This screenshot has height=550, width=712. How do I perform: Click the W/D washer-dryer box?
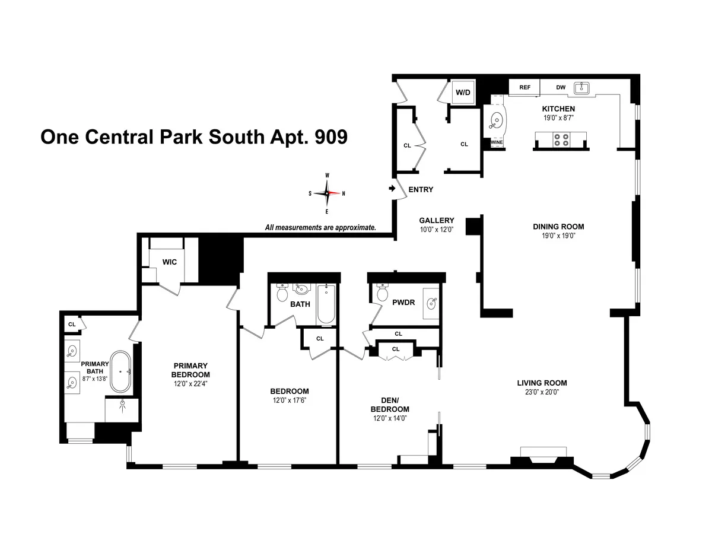click(x=462, y=92)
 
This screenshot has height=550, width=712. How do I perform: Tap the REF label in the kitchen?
click(x=525, y=87)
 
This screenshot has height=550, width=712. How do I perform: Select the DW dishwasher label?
click(x=561, y=87)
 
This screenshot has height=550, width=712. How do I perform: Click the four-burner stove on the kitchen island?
click(x=561, y=140)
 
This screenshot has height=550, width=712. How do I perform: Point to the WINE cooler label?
click(x=496, y=142)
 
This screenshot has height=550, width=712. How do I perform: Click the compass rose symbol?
click(x=327, y=193)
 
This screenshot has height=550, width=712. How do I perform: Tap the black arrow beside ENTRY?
click(x=392, y=189)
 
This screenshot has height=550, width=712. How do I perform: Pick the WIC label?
click(x=170, y=262)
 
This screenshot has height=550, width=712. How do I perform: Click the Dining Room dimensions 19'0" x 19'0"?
click(x=558, y=236)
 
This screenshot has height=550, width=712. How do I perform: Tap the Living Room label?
click(x=542, y=383)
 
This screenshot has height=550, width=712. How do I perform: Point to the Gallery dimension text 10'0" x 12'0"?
click(x=436, y=230)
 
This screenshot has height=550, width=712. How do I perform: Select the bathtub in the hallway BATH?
click(x=326, y=304)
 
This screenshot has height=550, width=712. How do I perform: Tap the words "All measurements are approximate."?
click(x=320, y=227)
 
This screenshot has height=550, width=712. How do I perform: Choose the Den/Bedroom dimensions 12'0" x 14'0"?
click(x=390, y=418)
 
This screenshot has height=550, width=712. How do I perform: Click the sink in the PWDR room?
click(x=431, y=302)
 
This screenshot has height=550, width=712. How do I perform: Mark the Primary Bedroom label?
click(x=190, y=370)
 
